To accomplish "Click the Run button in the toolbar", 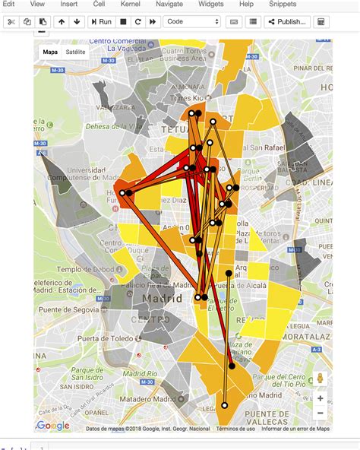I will pyautogui.click(x=101, y=22).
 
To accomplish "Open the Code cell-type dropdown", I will pyautogui.click(x=192, y=22).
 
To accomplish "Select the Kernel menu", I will pyautogui.click(x=130, y=5).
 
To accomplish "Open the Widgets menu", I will pyautogui.click(x=210, y=5).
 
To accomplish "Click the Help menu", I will pyautogui.click(x=246, y=5).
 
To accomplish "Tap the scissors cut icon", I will pyautogui.click(x=11, y=22).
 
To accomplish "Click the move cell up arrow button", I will pyautogui.click(x=62, y=22).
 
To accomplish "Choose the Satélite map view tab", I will pyautogui.click(x=76, y=52).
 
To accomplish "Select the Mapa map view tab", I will pyautogui.click(x=50, y=52).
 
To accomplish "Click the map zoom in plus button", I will pyautogui.click(x=321, y=398).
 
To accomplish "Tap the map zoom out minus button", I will pyautogui.click(x=321, y=413).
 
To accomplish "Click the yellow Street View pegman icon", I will pyautogui.click(x=321, y=378).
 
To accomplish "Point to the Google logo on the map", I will pyautogui.click(x=53, y=426).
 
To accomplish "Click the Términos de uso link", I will pyautogui.click(x=235, y=429).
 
